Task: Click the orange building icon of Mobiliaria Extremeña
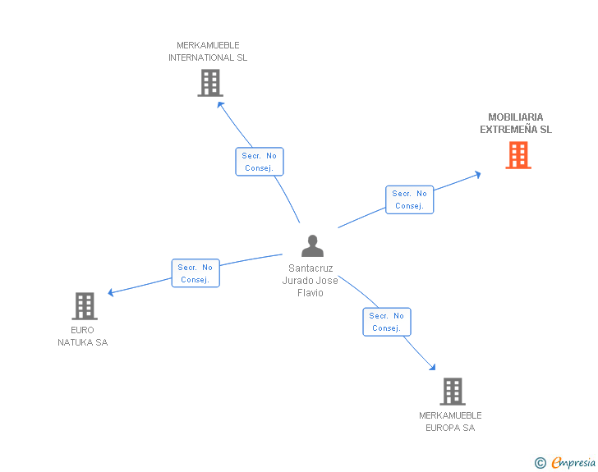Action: (x=518, y=155)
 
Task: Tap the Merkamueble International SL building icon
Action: (x=210, y=83)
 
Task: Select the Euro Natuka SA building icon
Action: (x=85, y=306)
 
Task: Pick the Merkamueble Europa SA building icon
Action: (x=452, y=392)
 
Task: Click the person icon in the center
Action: (x=312, y=246)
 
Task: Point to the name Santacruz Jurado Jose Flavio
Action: (x=312, y=281)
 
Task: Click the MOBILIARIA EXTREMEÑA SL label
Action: (x=516, y=123)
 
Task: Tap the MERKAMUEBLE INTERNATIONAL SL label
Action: (x=208, y=52)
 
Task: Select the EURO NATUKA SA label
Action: (x=82, y=337)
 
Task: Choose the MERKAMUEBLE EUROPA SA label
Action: (x=450, y=422)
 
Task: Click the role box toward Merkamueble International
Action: (x=260, y=162)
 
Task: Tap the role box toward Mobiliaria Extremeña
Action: (x=409, y=199)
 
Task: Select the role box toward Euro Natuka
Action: (x=195, y=273)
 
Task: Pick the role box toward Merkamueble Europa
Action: (x=386, y=322)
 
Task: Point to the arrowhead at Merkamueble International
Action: (x=218, y=101)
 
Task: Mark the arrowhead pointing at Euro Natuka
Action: (x=111, y=292)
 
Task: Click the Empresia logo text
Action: (x=573, y=463)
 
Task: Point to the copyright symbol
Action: (x=540, y=463)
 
